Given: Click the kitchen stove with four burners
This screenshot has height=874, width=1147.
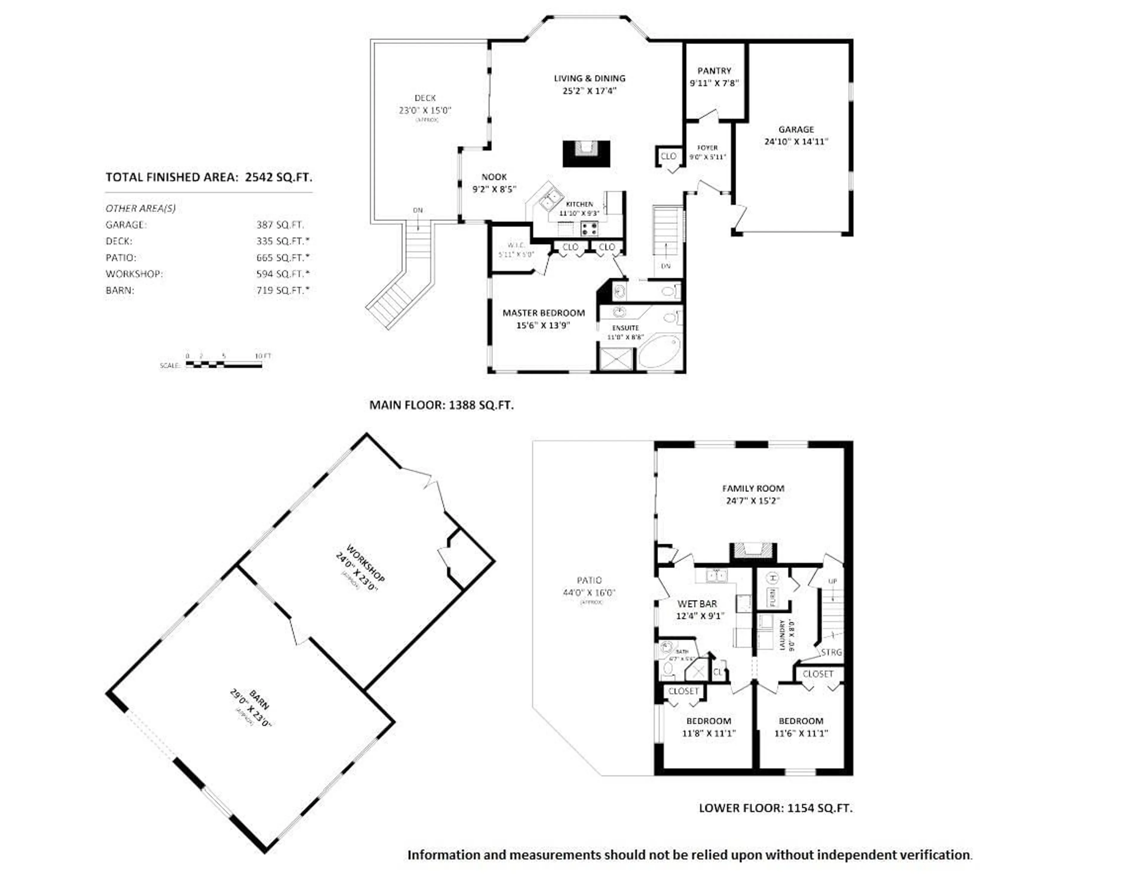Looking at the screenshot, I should click(x=589, y=229).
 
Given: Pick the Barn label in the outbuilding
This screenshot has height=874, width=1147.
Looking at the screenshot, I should click(x=259, y=700).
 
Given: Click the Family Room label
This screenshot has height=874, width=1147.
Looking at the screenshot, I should click(x=753, y=488).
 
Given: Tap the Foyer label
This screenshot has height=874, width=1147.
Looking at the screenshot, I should click(x=707, y=148).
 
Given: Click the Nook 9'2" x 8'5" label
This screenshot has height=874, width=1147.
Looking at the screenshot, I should click(x=494, y=183).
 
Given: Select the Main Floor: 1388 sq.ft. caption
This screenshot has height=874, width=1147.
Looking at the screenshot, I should click(x=441, y=405).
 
